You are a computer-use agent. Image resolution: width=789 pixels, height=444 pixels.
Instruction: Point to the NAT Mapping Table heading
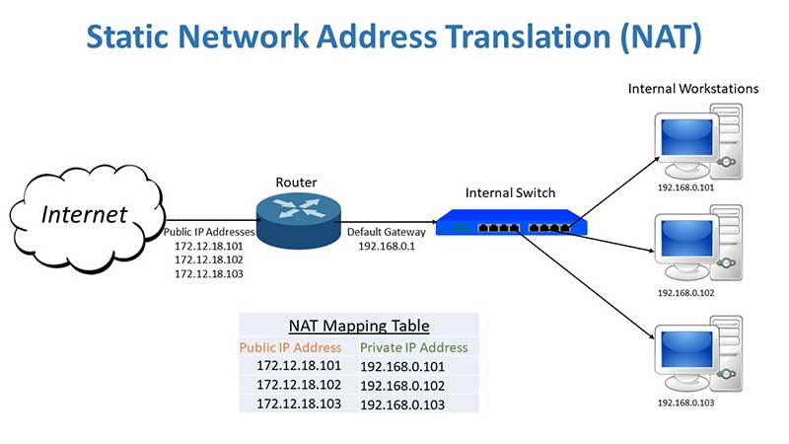359,326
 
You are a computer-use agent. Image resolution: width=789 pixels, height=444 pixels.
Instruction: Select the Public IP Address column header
291,347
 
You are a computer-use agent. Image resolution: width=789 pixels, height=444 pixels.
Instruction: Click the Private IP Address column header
414,347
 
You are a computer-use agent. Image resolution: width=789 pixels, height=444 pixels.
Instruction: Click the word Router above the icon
296,183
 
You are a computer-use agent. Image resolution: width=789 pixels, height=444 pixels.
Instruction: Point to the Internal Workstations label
693,89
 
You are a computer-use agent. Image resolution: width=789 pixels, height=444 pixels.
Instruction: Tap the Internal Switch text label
510,192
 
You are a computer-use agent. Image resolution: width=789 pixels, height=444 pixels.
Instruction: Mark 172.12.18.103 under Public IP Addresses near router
208,273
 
